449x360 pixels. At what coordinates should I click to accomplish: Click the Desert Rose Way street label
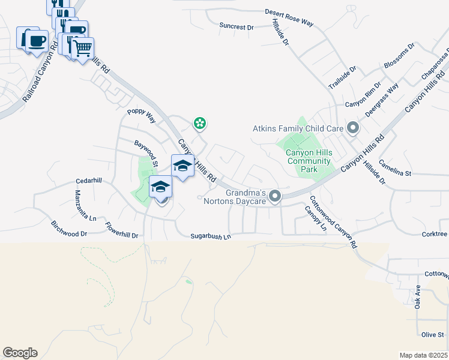290,17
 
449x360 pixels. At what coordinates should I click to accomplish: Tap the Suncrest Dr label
237,26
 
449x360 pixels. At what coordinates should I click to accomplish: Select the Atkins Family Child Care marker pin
353,127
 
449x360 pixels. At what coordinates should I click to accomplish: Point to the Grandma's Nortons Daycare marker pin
275,196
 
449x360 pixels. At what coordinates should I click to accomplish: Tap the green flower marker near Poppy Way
199,124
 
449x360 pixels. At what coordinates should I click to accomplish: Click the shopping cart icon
83,47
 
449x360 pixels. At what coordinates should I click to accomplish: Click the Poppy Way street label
141,115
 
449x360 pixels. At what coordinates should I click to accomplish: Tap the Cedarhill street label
89,181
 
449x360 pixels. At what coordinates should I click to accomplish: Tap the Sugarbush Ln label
211,237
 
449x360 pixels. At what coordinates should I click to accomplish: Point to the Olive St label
432,334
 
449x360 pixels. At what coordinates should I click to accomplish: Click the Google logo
20,353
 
